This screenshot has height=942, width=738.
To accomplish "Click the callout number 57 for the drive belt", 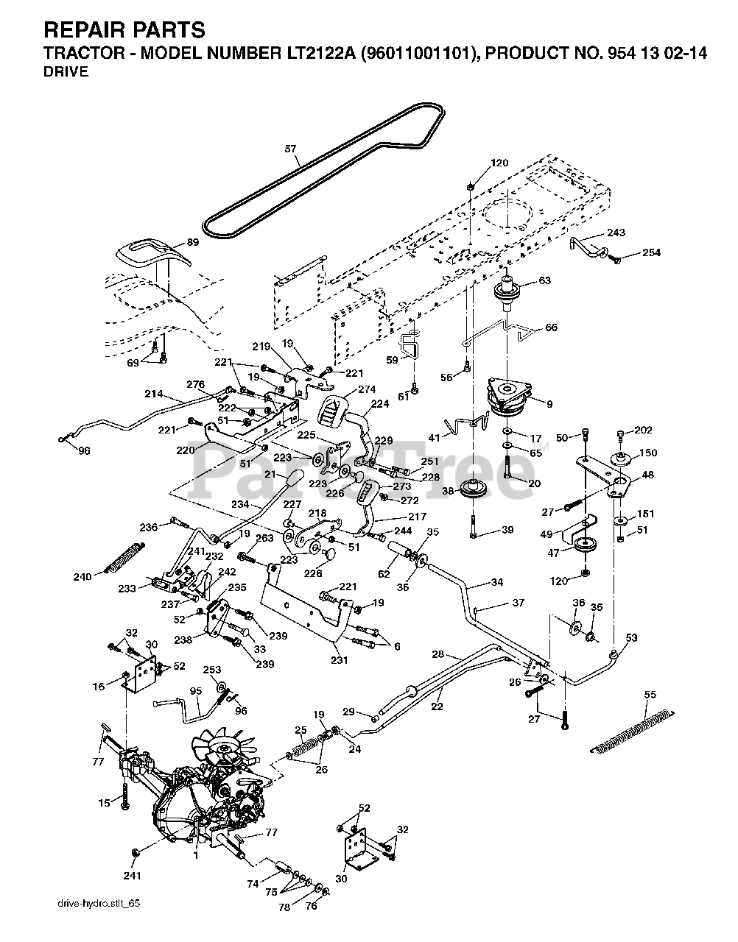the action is pyautogui.click(x=290, y=149).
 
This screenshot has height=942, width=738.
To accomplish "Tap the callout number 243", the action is pyautogui.click(x=616, y=233).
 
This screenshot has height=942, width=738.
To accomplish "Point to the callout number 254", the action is pyautogui.click(x=652, y=252).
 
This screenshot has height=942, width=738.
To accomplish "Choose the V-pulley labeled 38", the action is pyautogui.click(x=474, y=489).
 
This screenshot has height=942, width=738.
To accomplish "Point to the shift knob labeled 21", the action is pyautogui.click(x=295, y=478).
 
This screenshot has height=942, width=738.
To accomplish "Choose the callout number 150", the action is pyautogui.click(x=648, y=453).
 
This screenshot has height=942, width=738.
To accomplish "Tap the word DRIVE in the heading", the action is pyautogui.click(x=66, y=71).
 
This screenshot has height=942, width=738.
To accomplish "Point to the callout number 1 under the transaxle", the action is pyautogui.click(x=196, y=855).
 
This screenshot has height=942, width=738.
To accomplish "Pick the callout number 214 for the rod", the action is pyautogui.click(x=154, y=394).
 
